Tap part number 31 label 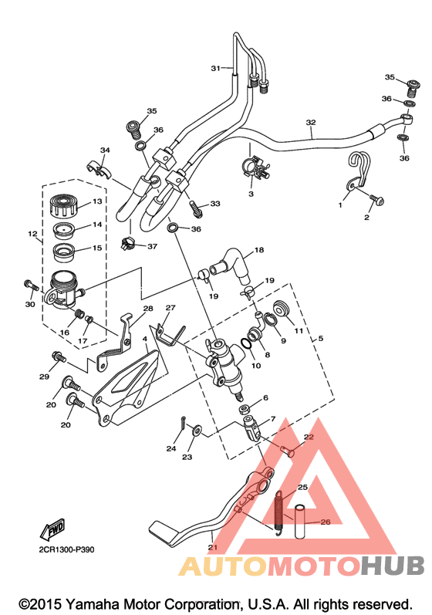(x=215, y=68)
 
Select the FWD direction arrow (x=52, y=529)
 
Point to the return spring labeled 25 (x=278, y=512)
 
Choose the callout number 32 (x=310, y=123)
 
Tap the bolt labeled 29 (x=59, y=357)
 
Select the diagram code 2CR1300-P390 (x=66, y=550)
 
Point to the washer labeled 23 (x=197, y=431)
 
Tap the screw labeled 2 (x=376, y=200)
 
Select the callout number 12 (x=33, y=234)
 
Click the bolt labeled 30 (x=32, y=285)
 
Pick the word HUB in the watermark (x=393, y=565)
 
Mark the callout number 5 (x=321, y=338)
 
